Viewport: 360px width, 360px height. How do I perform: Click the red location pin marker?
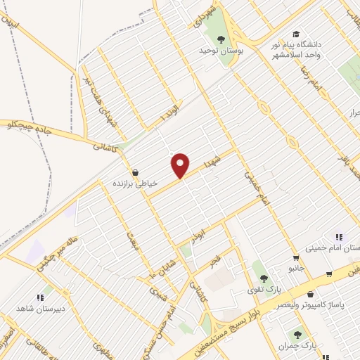point(181,165)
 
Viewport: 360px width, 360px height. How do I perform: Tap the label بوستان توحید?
point(220,51)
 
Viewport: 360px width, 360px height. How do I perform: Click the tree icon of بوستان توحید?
point(221,39)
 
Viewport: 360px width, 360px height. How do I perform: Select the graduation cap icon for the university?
point(296,34)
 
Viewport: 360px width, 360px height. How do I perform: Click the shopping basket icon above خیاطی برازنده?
point(135,172)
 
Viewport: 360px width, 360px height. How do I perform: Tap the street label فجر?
point(216,262)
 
